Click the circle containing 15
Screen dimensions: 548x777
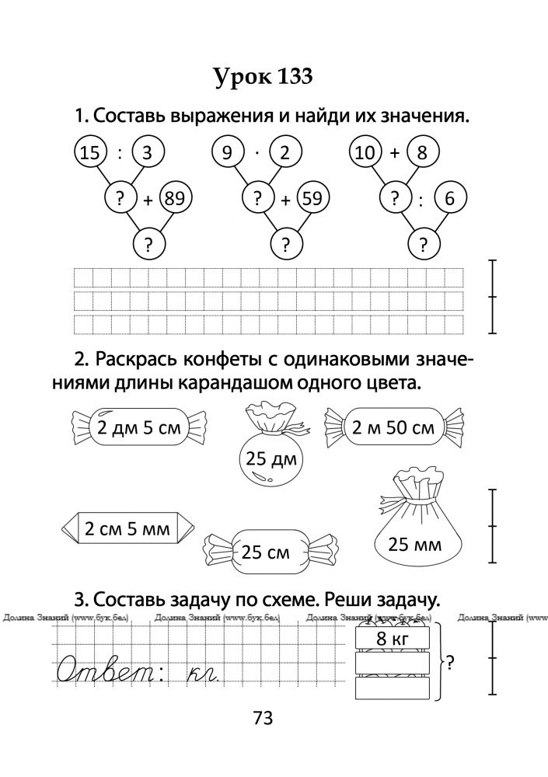[x=89, y=152]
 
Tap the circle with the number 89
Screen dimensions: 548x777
[x=175, y=198]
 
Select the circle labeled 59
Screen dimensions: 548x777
[x=312, y=199]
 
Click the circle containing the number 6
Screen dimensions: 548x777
[x=449, y=199]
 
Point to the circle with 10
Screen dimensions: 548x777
[x=365, y=152]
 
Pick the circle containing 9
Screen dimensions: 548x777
[x=227, y=152]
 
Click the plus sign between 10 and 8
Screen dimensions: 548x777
[x=394, y=152]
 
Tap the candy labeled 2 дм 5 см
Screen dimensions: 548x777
[x=139, y=427]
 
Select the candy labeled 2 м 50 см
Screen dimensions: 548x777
[x=393, y=427]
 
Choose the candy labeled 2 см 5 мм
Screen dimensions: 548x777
[x=127, y=528]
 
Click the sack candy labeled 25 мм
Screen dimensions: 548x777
[x=414, y=525]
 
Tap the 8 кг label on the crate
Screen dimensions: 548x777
[x=393, y=638]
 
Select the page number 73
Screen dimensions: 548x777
[x=263, y=717]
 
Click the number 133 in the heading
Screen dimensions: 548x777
[x=295, y=77]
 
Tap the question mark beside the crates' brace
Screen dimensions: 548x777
[x=450, y=662]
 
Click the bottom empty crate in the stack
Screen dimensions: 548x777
[x=393, y=688]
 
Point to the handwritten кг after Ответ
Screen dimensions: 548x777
[x=204, y=673]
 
